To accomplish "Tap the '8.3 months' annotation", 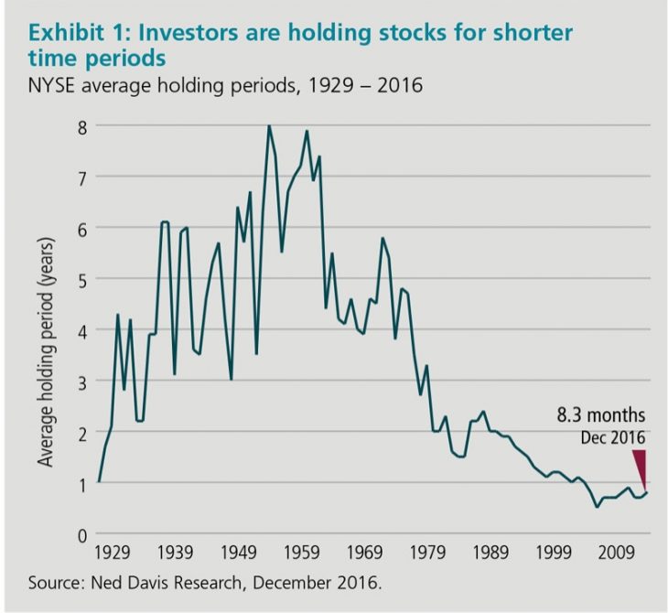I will click(x=601, y=414).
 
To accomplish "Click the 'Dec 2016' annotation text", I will click(x=613, y=436).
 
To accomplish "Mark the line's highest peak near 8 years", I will click(x=269, y=126).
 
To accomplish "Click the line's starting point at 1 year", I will click(x=98, y=482).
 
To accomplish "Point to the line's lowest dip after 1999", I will click(x=597, y=506).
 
